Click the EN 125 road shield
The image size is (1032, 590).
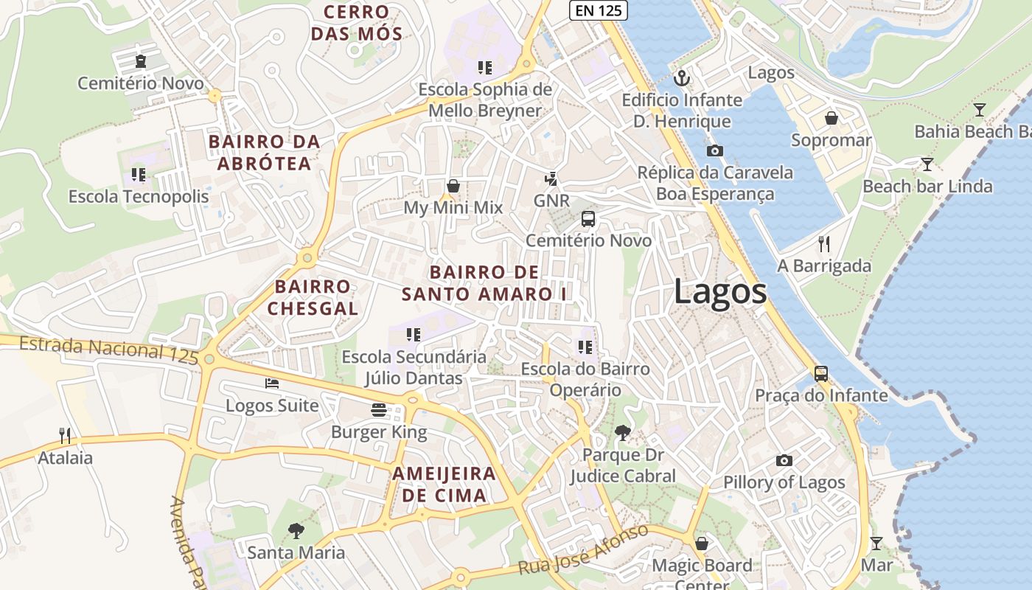pyautogui.click(x=599, y=10)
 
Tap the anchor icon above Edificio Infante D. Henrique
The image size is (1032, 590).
pyautogui.click(x=682, y=77)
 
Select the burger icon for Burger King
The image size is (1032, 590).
pyautogui.click(x=379, y=410)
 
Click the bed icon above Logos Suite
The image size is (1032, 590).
pyautogui.click(x=272, y=383)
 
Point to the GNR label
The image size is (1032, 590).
pyautogui.click(x=551, y=201)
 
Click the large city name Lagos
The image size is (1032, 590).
pyautogui.click(x=720, y=292)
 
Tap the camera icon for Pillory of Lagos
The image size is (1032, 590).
pyautogui.click(x=784, y=461)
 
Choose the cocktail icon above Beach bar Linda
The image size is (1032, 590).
pyautogui.click(x=927, y=164)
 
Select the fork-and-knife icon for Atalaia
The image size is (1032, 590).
pyautogui.click(x=65, y=436)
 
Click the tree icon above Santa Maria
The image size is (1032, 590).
pyautogui.click(x=296, y=530)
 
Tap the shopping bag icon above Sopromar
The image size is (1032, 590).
pyautogui.click(x=831, y=118)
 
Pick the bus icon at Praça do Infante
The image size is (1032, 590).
pyautogui.click(x=821, y=373)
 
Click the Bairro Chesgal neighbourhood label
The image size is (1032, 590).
pyautogui.click(x=313, y=297)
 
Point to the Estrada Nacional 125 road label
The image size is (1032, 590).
pyautogui.click(x=108, y=350)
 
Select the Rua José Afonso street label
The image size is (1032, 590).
pyautogui.click(x=583, y=550)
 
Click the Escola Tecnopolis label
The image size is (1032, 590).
pyautogui.click(x=139, y=197)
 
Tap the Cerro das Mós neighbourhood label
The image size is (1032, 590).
pyautogui.click(x=357, y=23)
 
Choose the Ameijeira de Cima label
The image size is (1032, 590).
pyautogui.click(x=444, y=484)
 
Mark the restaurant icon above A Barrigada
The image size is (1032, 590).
pyautogui.click(x=824, y=243)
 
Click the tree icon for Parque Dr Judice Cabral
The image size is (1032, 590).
pyautogui.click(x=623, y=433)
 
